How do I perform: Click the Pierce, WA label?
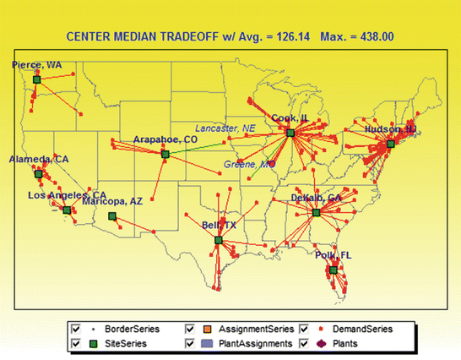37,64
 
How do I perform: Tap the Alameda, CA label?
33,159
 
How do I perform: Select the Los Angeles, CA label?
67,195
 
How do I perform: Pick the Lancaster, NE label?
225,128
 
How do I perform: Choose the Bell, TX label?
219,225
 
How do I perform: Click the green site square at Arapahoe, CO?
165,153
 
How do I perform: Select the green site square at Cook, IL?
290,134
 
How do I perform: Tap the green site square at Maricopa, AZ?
111,216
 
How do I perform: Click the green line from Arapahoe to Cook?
228,144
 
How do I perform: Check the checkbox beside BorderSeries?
77,328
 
